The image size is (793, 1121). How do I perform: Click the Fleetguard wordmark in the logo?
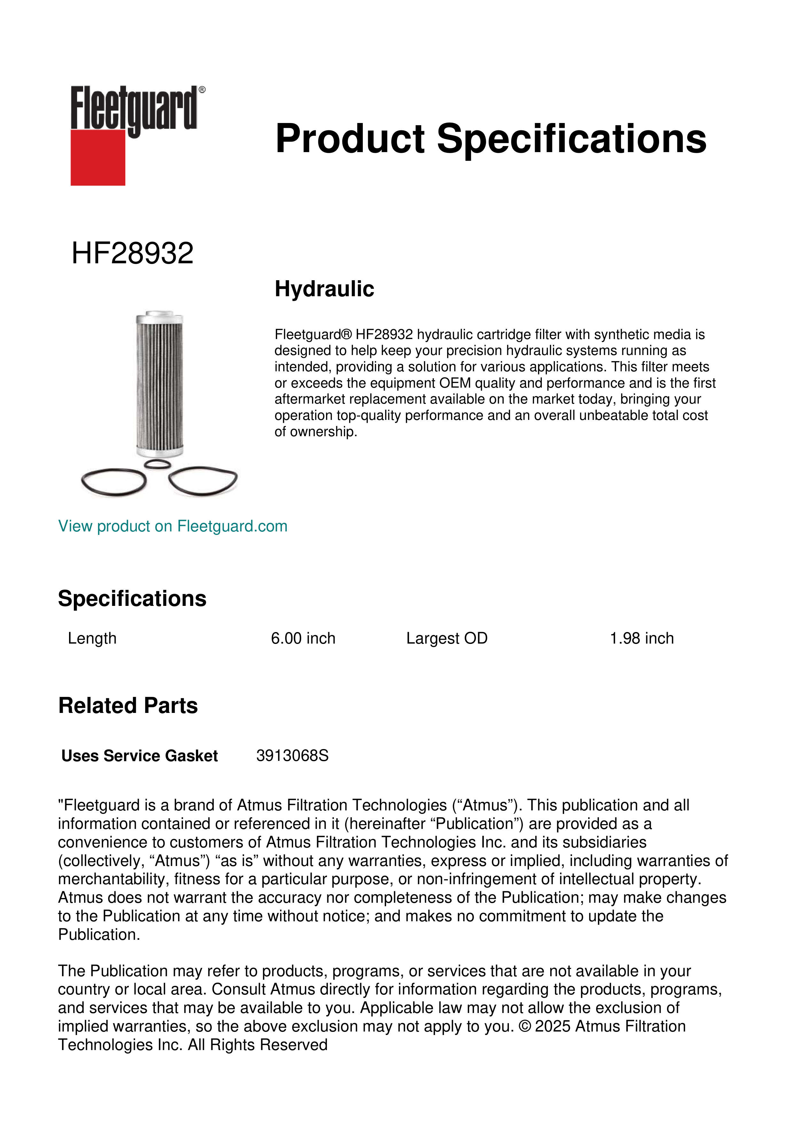click(x=134, y=108)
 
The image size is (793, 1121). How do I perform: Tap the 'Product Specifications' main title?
click(x=490, y=139)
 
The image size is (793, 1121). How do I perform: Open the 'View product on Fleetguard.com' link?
click(x=173, y=526)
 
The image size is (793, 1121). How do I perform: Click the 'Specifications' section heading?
click(x=132, y=599)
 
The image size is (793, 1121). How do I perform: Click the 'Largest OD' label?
click(x=447, y=638)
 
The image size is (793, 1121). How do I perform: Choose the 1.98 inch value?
click(x=641, y=638)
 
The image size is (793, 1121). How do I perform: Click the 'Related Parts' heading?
click(x=128, y=706)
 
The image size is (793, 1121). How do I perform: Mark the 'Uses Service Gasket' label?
click(x=140, y=756)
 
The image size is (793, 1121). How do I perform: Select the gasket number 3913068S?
click(x=292, y=756)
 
